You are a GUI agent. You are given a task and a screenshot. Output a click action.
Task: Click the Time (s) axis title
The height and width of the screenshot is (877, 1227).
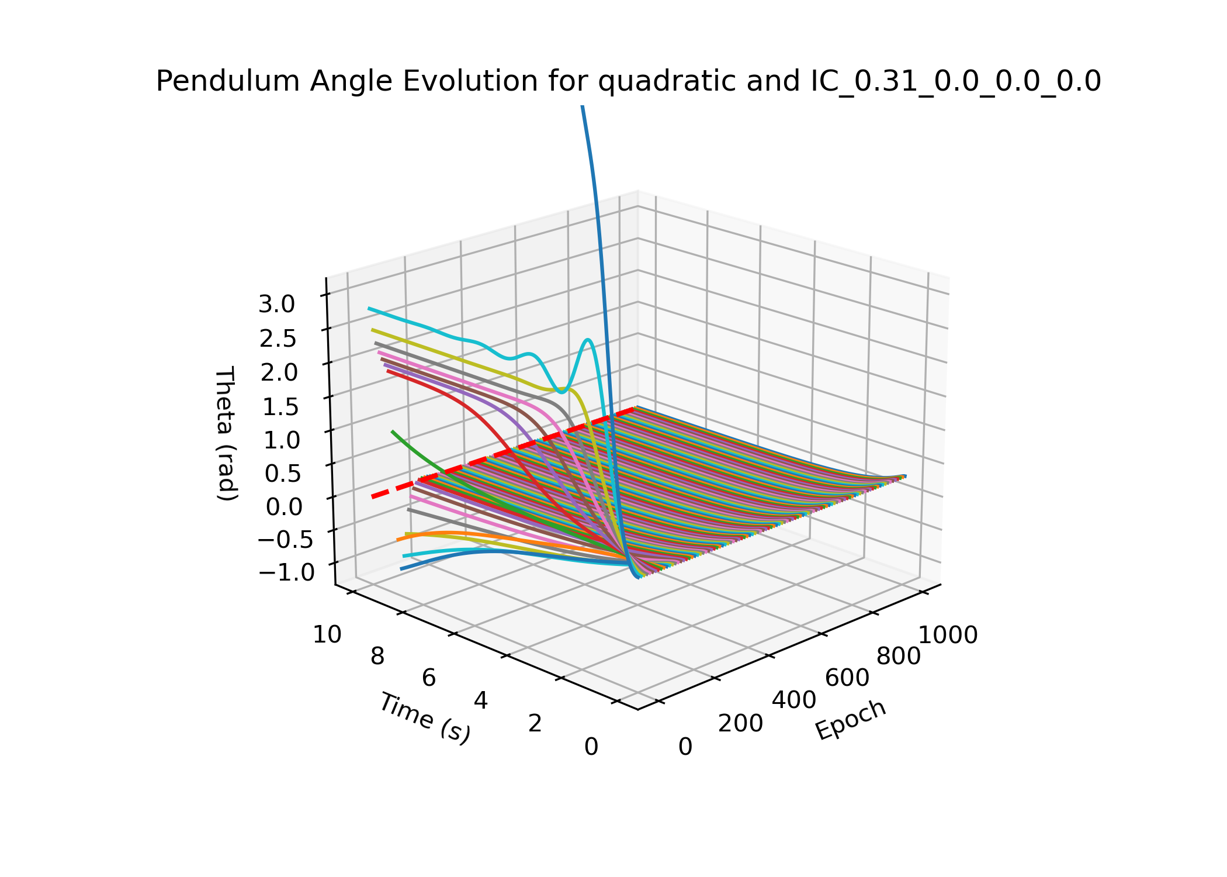click(x=424, y=718)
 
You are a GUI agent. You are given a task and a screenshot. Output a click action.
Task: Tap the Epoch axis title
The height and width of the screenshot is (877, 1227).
click(x=851, y=720)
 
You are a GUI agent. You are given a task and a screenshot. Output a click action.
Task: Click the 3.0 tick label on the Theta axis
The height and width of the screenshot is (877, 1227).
click(x=277, y=304)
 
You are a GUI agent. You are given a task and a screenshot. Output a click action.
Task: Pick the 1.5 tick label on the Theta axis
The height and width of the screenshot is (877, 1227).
click(x=281, y=407)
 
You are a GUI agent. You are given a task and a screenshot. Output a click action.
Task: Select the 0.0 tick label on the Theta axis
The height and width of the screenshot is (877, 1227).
click(x=284, y=507)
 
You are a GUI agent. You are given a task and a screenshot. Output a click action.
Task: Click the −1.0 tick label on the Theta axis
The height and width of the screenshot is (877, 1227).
click(x=286, y=572)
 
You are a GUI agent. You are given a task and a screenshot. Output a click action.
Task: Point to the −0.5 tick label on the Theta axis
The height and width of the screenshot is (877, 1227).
click(x=285, y=540)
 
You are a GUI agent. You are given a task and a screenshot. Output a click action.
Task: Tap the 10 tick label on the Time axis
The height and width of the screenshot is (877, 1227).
click(x=327, y=634)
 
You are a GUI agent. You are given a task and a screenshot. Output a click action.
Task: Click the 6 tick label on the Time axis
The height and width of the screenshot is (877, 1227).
click(x=429, y=678)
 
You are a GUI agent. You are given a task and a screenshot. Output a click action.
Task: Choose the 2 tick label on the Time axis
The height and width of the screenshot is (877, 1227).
click(x=535, y=724)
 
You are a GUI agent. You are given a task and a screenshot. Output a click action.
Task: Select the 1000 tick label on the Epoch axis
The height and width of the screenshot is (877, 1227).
click(x=948, y=636)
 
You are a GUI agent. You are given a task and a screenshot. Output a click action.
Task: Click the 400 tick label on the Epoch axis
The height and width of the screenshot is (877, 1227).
click(x=794, y=700)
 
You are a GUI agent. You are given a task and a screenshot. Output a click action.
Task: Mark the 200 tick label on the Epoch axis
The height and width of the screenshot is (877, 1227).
click(x=740, y=724)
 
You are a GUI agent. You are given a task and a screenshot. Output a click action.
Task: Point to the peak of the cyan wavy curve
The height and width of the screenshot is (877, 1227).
click(x=588, y=340)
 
